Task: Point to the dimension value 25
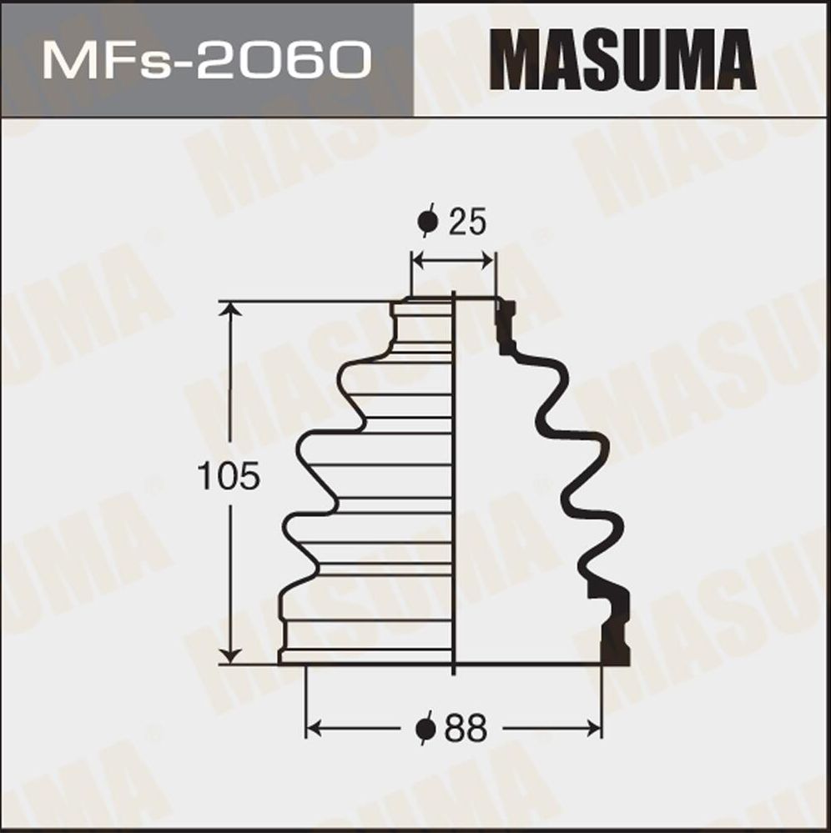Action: coord(467,223)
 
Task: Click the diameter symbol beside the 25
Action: coord(427,223)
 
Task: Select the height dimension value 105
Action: coord(229,476)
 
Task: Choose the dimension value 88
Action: coord(466,730)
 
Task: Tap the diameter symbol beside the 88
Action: coord(426,730)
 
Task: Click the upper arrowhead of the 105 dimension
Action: coord(229,310)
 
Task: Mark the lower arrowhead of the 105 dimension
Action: coord(229,655)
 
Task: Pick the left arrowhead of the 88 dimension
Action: coord(314,730)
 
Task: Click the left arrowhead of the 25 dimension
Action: coord(417,262)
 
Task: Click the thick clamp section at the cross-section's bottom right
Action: coord(616,625)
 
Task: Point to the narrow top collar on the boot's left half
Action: coord(421,321)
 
